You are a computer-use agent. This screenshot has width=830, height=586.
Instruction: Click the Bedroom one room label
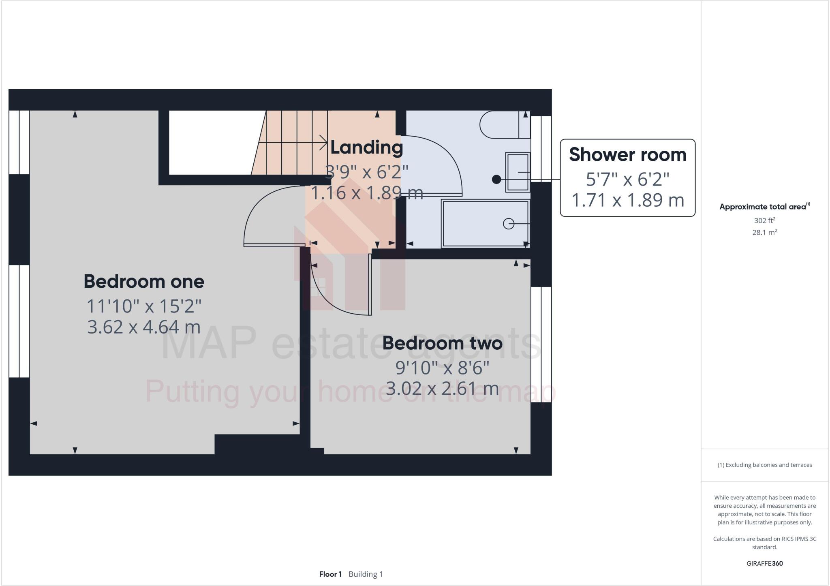click(x=144, y=281)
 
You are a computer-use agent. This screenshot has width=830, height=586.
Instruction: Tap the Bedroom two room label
click(x=442, y=343)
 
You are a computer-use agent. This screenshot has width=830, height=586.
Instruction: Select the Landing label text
click(x=366, y=147)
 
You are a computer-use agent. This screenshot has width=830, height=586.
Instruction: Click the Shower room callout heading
click(x=627, y=155)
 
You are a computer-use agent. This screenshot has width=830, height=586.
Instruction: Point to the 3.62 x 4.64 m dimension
click(x=144, y=327)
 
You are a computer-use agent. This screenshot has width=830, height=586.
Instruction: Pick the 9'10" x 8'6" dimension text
click(x=442, y=368)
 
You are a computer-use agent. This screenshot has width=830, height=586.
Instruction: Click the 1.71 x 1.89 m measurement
click(x=627, y=200)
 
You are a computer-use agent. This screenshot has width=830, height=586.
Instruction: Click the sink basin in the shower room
click(x=518, y=172)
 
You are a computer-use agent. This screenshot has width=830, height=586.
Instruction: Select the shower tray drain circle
click(x=508, y=223)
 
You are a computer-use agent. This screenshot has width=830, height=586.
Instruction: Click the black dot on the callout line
click(x=496, y=179)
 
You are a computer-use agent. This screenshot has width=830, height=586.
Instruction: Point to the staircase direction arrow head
click(x=324, y=142)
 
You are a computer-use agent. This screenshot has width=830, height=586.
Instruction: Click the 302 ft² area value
click(x=764, y=221)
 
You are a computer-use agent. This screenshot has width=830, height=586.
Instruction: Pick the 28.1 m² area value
click(x=764, y=233)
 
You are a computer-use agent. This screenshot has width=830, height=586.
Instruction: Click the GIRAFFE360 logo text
click(x=764, y=563)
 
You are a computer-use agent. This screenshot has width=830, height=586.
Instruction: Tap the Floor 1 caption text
click(x=330, y=574)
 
